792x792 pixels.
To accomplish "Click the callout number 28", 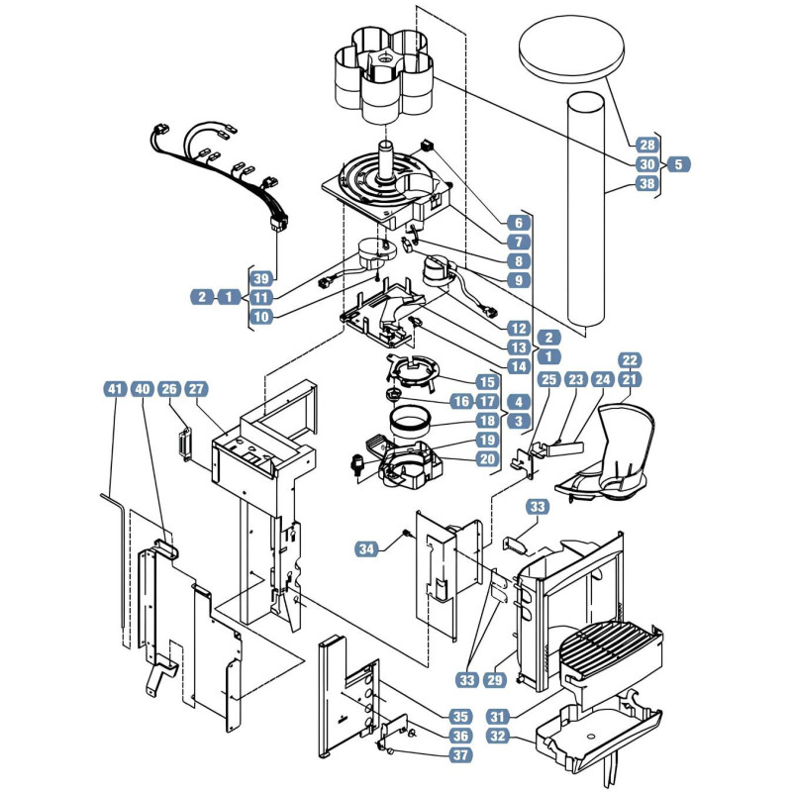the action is [647, 145].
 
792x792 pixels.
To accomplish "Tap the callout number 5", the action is [678, 164].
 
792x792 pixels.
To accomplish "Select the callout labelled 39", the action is [261, 278].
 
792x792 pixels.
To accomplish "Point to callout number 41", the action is [115, 389].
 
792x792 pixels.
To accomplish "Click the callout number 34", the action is [366, 548].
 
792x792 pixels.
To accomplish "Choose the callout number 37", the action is [460, 755].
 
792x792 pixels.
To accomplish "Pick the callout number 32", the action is [498, 736].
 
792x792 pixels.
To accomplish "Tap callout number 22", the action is [630, 360].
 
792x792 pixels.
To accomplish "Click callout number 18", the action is [487, 420].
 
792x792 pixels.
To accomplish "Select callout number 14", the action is [519, 366].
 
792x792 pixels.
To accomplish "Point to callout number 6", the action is [519, 222].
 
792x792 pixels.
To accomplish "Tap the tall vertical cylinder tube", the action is [586, 210].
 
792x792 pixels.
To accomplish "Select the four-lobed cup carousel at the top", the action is [384, 76].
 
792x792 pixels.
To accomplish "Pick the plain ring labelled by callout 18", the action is [410, 422].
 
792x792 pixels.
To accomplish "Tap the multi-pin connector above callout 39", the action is [279, 222].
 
